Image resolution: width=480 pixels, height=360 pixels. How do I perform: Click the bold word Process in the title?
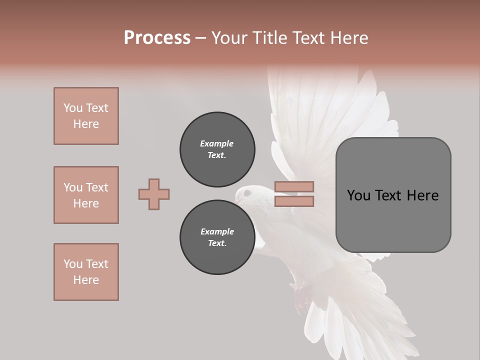(x=157, y=38)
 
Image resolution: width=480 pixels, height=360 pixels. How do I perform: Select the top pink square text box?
(x=86, y=116)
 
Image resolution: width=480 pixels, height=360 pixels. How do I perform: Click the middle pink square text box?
(x=86, y=195)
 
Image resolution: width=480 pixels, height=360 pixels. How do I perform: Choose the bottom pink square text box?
(x=86, y=272)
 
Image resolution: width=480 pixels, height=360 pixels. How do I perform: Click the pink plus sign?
(x=154, y=194)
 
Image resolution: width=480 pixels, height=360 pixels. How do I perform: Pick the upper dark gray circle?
(x=217, y=149)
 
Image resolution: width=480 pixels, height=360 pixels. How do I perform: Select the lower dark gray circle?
(x=217, y=237)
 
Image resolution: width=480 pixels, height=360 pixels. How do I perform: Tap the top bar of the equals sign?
(x=294, y=187)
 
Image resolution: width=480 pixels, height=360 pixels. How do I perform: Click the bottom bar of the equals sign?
(x=294, y=201)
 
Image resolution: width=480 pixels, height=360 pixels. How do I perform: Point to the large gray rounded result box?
(x=393, y=195)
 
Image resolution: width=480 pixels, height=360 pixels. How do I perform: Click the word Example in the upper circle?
(x=217, y=143)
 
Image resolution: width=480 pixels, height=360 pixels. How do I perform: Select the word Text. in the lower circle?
(x=217, y=243)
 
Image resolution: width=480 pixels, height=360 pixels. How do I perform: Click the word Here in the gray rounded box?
(x=422, y=195)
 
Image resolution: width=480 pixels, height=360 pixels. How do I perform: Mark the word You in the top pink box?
(x=72, y=108)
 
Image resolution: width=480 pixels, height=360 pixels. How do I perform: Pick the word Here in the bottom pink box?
(x=86, y=280)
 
